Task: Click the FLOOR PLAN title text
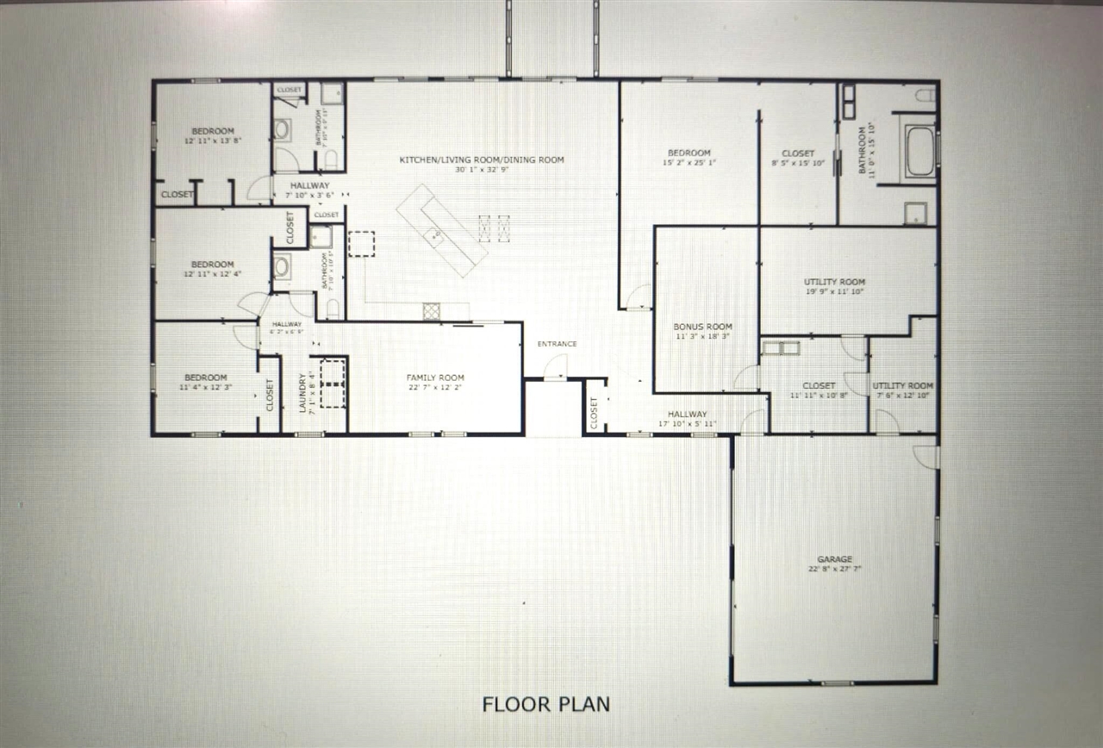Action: [x=545, y=704]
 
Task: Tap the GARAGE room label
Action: [x=834, y=559]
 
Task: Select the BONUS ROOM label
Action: [x=702, y=327]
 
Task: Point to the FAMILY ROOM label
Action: [x=435, y=377]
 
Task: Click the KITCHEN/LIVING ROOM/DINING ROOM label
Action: [x=481, y=159]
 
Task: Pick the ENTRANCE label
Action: [x=557, y=344]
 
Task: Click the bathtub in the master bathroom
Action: [x=919, y=152]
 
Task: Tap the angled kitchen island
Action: [x=441, y=230]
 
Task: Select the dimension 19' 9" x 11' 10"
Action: [x=834, y=292]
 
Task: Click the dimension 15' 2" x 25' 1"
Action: [x=689, y=162]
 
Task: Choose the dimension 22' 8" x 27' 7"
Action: [x=834, y=570]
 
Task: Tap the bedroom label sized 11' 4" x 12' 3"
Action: [x=205, y=377]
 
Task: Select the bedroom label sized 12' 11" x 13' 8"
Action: [x=212, y=131]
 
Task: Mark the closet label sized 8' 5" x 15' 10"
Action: [x=798, y=153]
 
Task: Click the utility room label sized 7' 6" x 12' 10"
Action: [x=902, y=385]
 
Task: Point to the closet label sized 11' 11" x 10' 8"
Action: [x=818, y=385]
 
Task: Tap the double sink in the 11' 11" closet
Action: [x=781, y=348]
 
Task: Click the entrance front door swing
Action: [x=556, y=369]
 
